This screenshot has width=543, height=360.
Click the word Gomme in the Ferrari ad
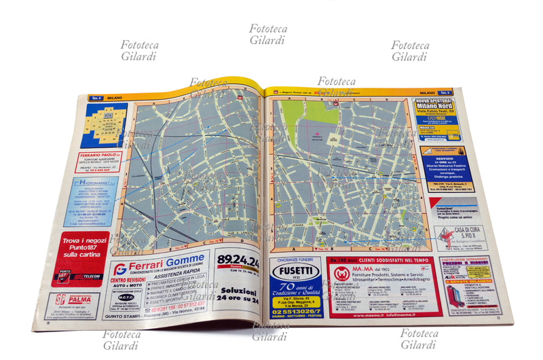click(184, 259)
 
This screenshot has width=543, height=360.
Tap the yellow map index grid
click(104, 122)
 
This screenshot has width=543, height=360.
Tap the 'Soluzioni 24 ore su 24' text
click(238, 294)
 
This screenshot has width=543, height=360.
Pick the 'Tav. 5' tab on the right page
click(444, 92)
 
